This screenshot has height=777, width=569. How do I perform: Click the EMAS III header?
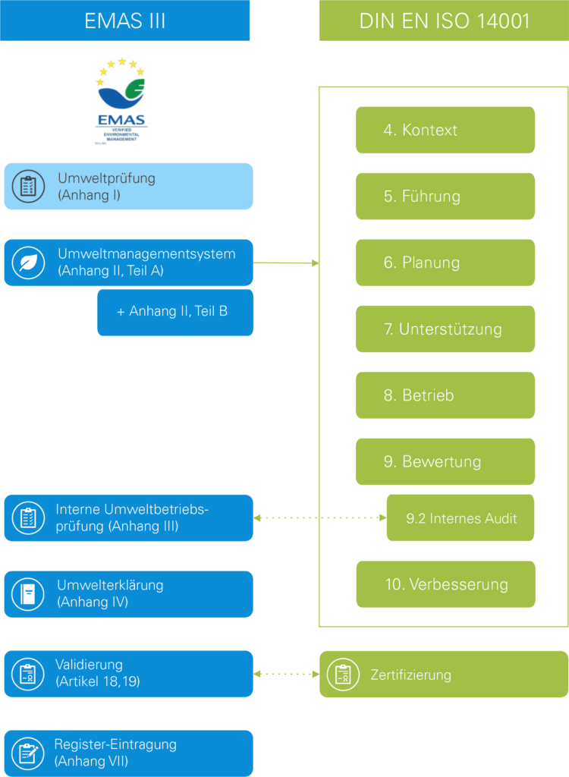click(124, 20)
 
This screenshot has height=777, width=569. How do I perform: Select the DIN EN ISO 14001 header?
click(444, 20)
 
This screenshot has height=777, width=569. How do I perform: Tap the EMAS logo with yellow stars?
click(121, 100)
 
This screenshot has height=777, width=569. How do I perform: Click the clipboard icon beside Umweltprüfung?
click(29, 187)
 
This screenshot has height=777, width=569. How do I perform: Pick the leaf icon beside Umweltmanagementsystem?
click(29, 263)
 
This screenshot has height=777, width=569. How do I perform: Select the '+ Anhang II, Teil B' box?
click(174, 311)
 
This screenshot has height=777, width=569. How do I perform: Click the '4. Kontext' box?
click(445, 130)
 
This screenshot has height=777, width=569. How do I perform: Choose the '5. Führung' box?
click(445, 197)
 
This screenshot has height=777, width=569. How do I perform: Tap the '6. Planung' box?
click(445, 263)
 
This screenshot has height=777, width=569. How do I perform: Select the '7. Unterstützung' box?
click(445, 329)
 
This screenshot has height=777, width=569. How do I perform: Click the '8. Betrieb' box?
click(445, 395)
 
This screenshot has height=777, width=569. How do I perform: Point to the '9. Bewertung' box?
click(445, 462)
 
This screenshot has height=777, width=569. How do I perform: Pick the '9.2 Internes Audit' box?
click(461, 518)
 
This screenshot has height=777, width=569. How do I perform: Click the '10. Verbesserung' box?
click(445, 584)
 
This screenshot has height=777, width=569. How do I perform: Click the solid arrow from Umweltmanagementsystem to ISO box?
click(286, 263)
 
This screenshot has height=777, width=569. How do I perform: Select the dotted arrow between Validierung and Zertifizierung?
click(286, 674)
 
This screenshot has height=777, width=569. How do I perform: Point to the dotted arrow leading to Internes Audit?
click(319, 518)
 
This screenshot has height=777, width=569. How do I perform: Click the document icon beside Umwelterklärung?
click(28, 594)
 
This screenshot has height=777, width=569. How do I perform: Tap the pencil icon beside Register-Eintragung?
click(28, 753)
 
